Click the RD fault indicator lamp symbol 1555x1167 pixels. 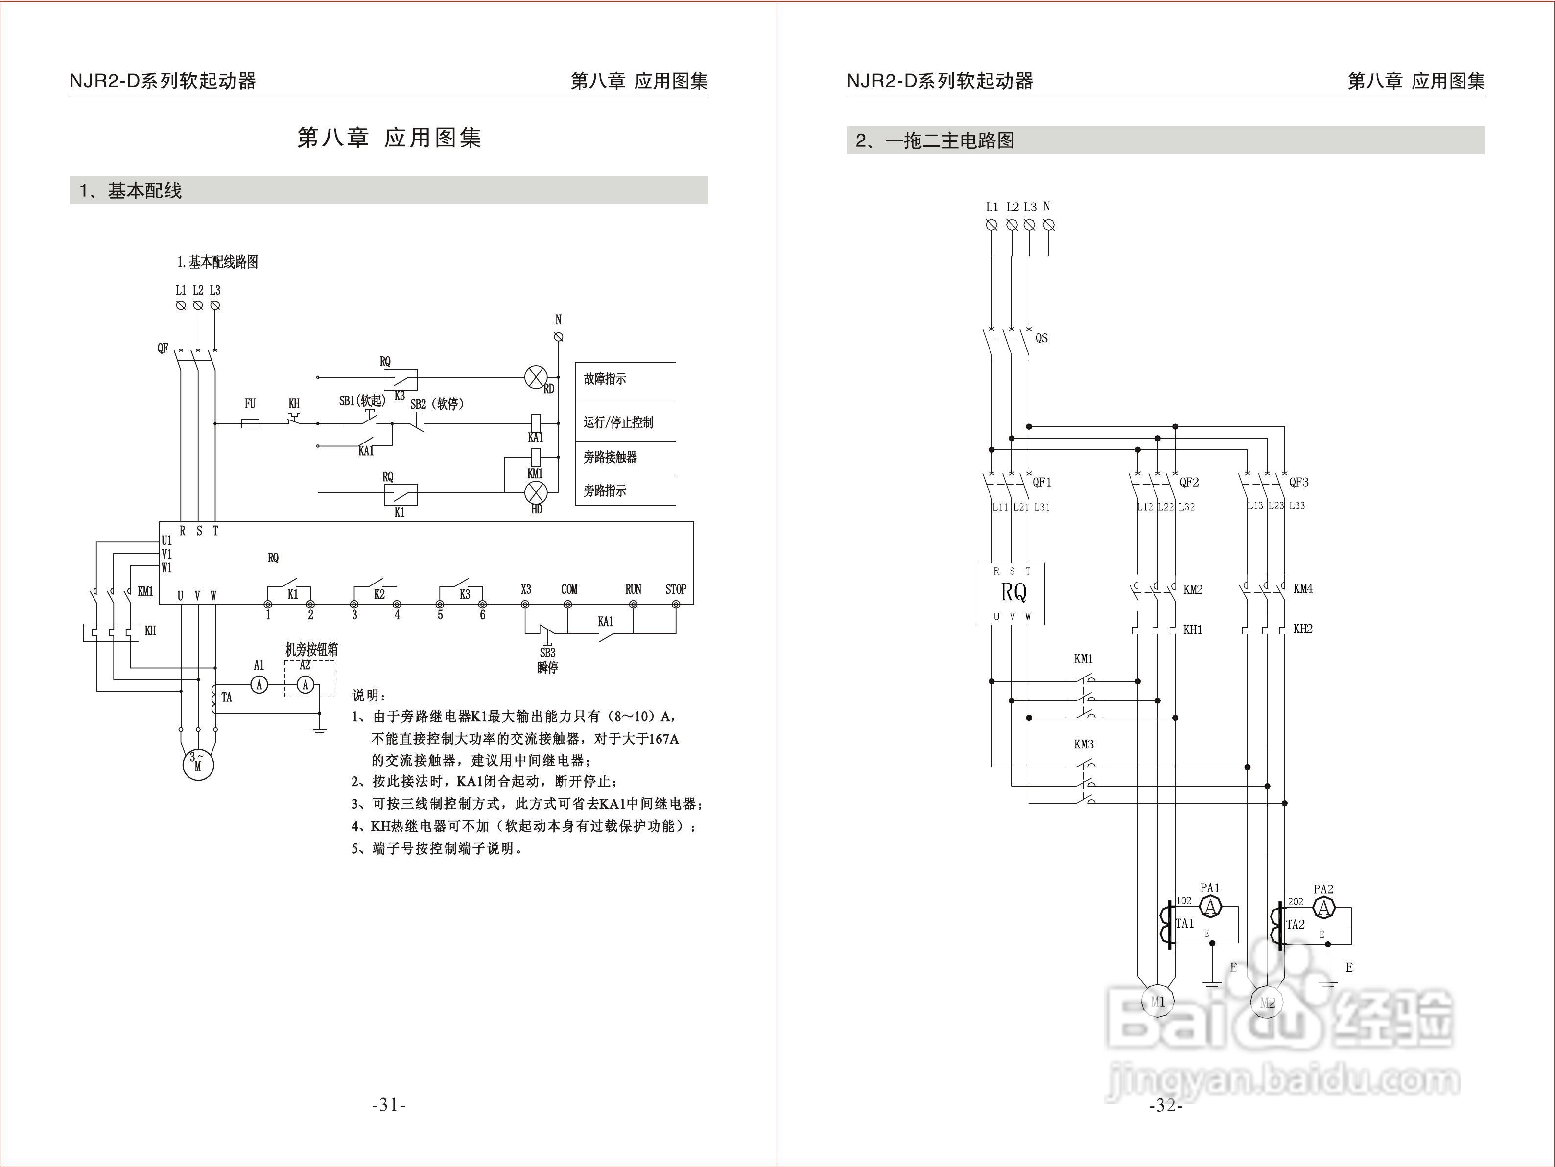coord(536,377)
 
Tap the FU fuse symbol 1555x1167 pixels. coord(250,423)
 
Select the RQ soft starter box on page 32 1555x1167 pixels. coord(1012,593)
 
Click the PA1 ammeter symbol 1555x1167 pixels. coord(1210,908)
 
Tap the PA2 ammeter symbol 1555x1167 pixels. coord(1324,909)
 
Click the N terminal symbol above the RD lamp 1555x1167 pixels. coord(559,337)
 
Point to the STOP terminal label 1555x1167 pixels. coord(676,589)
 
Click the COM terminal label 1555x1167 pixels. coord(569,589)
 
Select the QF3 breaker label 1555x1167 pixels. coord(1298,482)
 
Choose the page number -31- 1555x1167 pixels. coord(389,1105)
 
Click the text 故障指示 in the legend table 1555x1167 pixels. coord(605,379)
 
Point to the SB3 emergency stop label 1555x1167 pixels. coord(547,653)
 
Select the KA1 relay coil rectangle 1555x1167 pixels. coord(536,422)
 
